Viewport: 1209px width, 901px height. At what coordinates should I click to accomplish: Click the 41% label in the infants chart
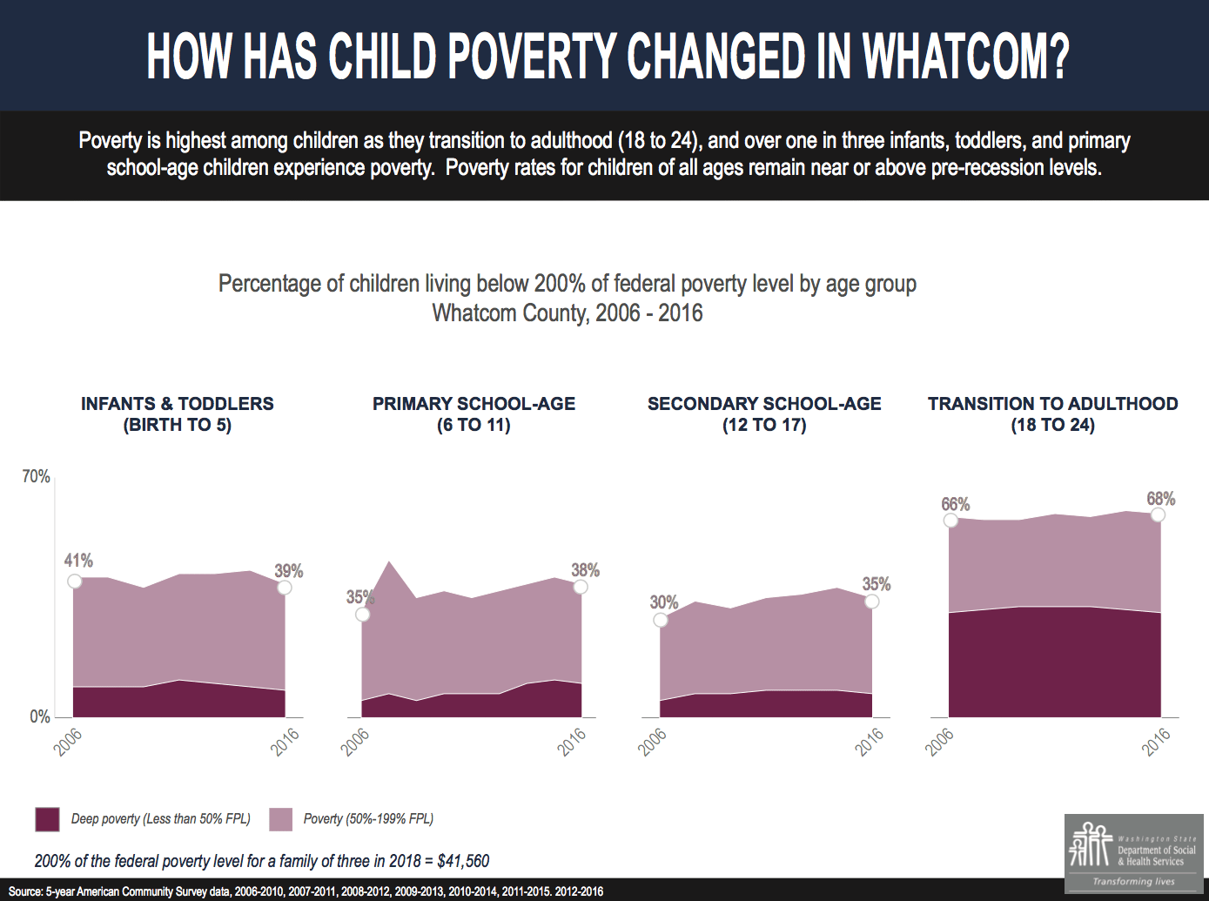pyautogui.click(x=78, y=561)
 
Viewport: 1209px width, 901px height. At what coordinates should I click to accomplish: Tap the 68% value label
pyautogui.click(x=1161, y=499)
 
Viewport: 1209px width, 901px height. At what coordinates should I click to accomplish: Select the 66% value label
pyautogui.click(x=955, y=505)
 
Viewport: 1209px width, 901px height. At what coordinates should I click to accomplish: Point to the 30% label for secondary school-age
pyautogui.click(x=663, y=602)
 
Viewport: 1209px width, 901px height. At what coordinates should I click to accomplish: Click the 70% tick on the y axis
pyautogui.click(x=36, y=477)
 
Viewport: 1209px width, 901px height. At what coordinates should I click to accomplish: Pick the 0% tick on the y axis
pyautogui.click(x=40, y=716)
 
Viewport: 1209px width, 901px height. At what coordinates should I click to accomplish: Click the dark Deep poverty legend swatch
pyautogui.click(x=47, y=819)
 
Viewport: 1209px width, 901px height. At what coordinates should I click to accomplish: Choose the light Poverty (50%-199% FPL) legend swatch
pyautogui.click(x=280, y=819)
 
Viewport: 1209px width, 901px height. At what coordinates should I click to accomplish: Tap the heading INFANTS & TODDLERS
pyautogui.click(x=177, y=404)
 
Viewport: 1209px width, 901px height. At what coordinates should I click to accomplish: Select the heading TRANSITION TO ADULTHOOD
pyautogui.click(x=1052, y=404)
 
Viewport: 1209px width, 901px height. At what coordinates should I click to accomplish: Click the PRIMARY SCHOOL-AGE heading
pyautogui.click(x=474, y=404)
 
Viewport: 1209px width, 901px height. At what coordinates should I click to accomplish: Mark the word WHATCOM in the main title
pyautogui.click(x=965, y=57)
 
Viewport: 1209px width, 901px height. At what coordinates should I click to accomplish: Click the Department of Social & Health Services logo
pyautogui.click(x=1133, y=853)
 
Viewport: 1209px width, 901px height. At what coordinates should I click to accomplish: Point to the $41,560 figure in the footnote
pyautogui.click(x=463, y=861)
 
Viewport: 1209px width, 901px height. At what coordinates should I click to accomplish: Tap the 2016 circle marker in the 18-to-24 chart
pyautogui.click(x=1158, y=515)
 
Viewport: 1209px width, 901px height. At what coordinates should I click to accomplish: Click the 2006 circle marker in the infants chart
pyautogui.click(x=75, y=581)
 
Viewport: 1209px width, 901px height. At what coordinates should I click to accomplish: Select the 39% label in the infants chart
pyautogui.click(x=289, y=571)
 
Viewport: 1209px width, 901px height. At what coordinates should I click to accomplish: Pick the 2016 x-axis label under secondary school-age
pyautogui.click(x=869, y=742)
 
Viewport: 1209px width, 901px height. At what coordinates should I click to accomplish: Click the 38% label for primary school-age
pyautogui.click(x=585, y=570)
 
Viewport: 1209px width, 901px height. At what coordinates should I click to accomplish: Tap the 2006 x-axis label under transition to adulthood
pyautogui.click(x=939, y=742)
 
